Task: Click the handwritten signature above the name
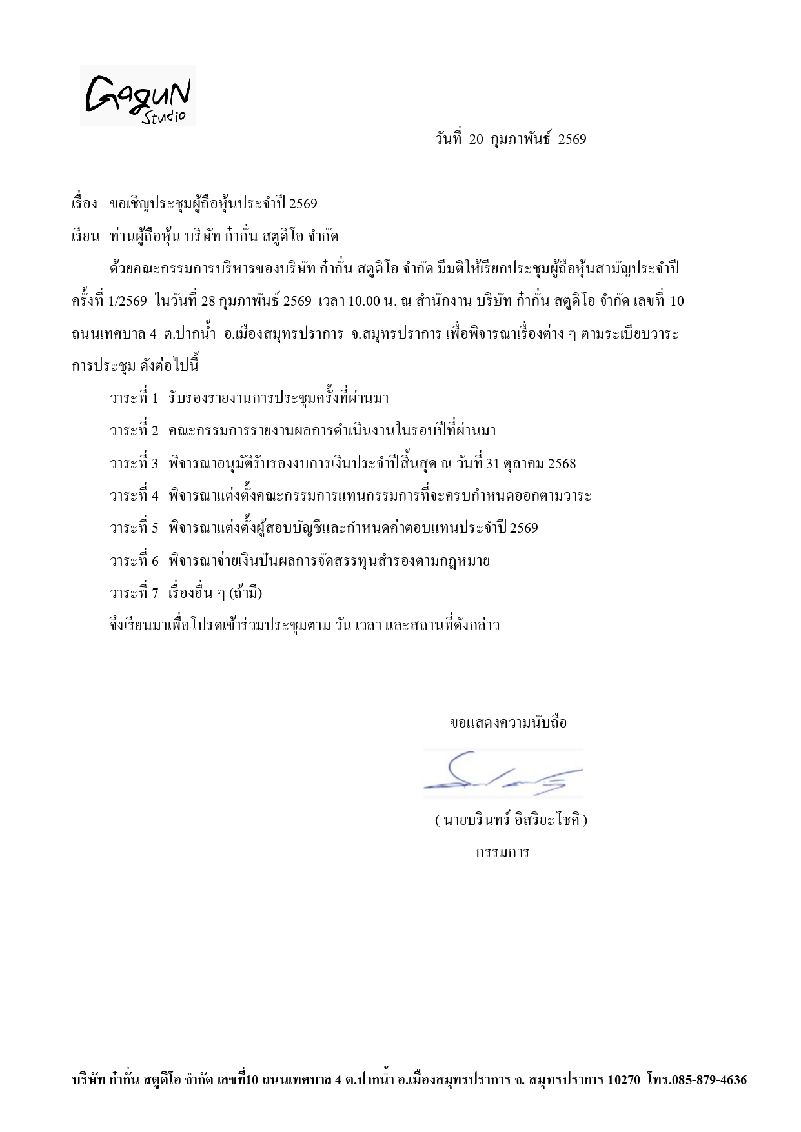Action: point(502,773)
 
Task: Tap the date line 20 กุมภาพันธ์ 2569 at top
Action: point(511,139)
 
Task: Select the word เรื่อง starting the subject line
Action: point(84,204)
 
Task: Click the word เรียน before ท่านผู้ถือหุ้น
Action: point(85,237)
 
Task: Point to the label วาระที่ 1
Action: point(134,398)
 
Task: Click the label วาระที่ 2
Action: point(134,430)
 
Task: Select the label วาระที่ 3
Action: point(134,463)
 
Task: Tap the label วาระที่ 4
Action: point(134,495)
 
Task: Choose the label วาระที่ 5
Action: point(134,528)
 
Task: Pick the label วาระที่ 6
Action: point(134,561)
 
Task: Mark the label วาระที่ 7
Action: point(134,593)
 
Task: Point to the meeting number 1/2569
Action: point(128,301)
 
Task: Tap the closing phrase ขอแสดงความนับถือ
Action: point(508,722)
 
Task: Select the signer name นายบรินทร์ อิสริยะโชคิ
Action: point(511,820)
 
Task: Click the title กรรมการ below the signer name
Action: point(502,853)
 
